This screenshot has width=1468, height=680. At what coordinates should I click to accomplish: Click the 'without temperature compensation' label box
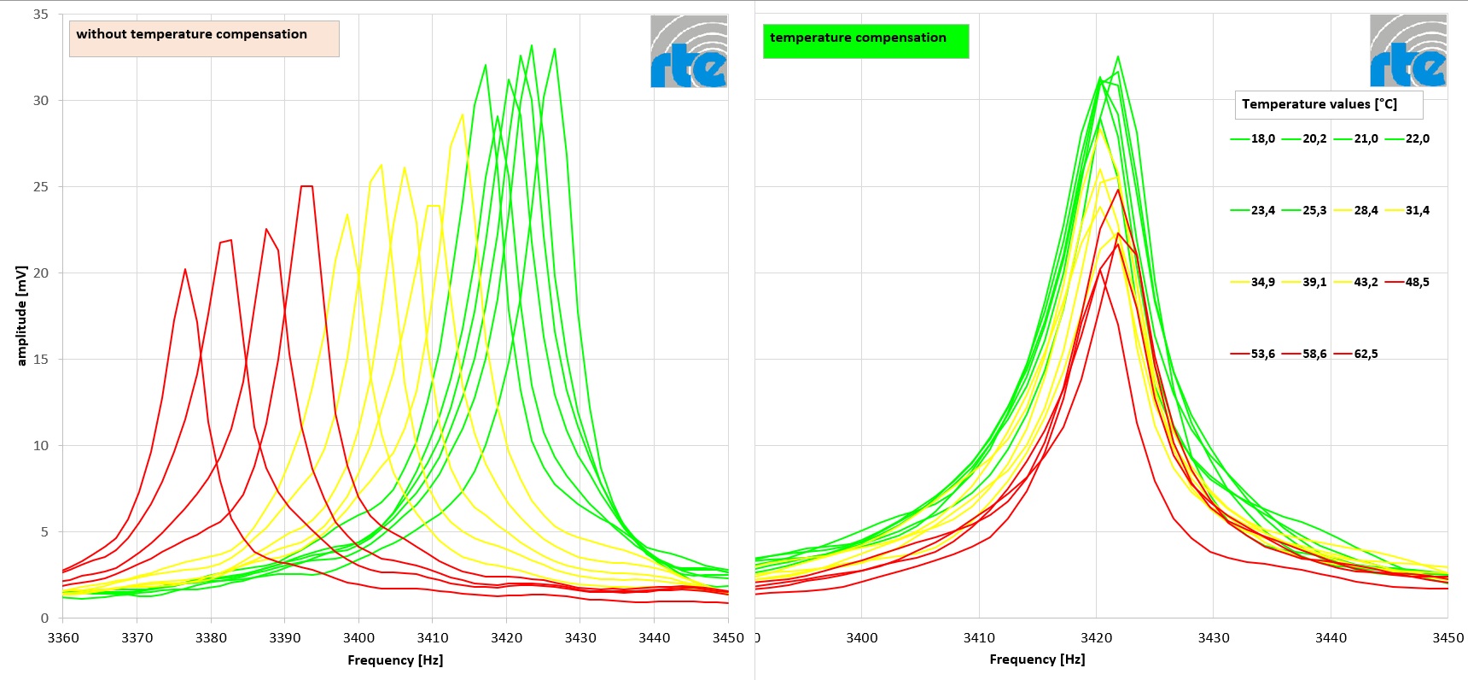pyautogui.click(x=204, y=38)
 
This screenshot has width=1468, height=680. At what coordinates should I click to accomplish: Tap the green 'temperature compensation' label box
pyautogui.click(x=865, y=40)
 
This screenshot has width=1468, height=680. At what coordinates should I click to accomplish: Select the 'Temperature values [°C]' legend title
pyautogui.click(x=1327, y=104)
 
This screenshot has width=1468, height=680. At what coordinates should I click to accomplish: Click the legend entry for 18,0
pyautogui.click(x=1253, y=138)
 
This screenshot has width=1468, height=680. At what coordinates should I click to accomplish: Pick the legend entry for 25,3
pyautogui.click(x=1304, y=210)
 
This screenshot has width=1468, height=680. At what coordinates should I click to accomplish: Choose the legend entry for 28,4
pyautogui.click(x=1356, y=210)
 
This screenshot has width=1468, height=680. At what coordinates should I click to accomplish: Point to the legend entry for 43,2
pyautogui.click(x=1356, y=282)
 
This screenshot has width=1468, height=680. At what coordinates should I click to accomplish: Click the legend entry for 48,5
pyautogui.click(x=1407, y=282)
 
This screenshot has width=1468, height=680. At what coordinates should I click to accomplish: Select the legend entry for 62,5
pyautogui.click(x=1356, y=354)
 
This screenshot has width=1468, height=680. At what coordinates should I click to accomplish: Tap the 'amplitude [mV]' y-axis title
pyautogui.click(x=22, y=315)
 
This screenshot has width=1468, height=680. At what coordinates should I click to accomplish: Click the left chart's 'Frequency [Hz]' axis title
pyautogui.click(x=395, y=659)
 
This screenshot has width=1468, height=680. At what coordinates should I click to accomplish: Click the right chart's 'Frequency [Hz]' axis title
pyautogui.click(x=1037, y=659)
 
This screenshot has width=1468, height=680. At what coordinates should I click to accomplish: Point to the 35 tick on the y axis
pyautogui.click(x=41, y=15)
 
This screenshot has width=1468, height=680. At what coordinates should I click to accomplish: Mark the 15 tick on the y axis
pyautogui.click(x=41, y=359)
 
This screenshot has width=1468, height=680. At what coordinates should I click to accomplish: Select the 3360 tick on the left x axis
pyautogui.click(x=63, y=637)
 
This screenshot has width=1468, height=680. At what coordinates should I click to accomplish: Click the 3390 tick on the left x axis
pyautogui.click(x=285, y=637)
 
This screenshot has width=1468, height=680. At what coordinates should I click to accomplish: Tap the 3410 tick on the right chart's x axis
pyautogui.click(x=979, y=637)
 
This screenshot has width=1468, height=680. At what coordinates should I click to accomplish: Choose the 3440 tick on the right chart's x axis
pyautogui.click(x=1331, y=637)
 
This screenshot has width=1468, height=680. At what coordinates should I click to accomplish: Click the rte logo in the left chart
pyautogui.click(x=689, y=51)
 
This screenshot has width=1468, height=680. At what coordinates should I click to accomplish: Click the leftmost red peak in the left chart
pyautogui.click(x=185, y=270)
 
